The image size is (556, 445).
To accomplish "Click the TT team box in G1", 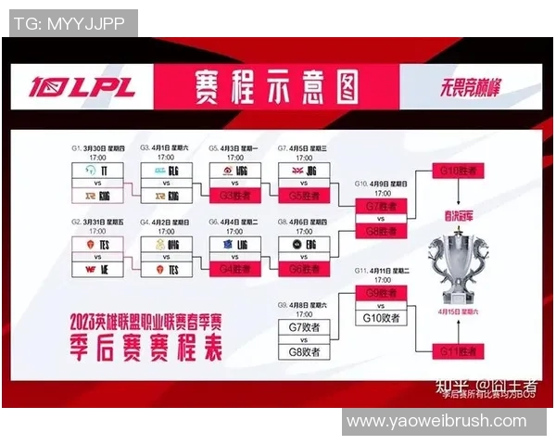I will click(97, 172).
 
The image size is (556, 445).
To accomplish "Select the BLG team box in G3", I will click(166, 172).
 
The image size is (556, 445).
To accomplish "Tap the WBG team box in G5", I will click(234, 172).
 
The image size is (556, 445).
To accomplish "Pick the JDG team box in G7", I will click(303, 172).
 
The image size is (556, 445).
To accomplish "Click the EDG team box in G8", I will click(303, 244).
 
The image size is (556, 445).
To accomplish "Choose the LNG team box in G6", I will click(234, 244).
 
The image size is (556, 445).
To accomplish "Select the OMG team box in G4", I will click(166, 244).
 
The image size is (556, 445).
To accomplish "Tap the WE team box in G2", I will click(97, 269).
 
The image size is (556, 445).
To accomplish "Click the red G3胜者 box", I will click(234, 196).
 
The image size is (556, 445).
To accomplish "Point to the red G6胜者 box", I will click(303, 269).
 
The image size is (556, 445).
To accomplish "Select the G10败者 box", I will click(380, 318).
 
